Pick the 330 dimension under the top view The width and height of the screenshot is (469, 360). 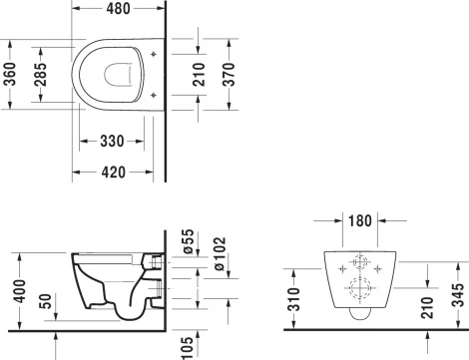(x=112, y=143)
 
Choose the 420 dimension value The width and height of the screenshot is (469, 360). (x=112, y=172)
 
